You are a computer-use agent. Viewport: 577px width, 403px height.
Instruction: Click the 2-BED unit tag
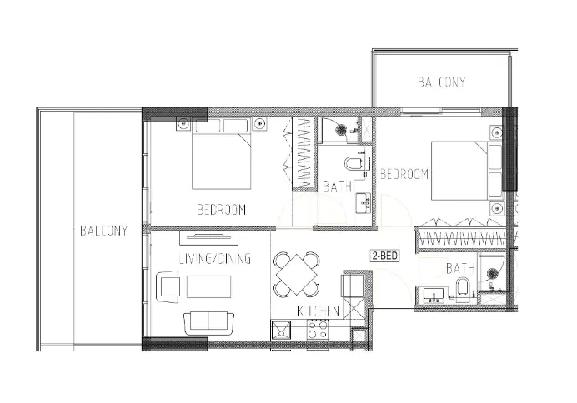coord(384,256)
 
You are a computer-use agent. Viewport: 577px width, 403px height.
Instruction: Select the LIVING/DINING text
coord(214,259)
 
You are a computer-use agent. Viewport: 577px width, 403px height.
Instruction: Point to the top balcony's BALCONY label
coord(441,82)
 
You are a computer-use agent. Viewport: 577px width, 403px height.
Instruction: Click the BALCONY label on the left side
coord(104,231)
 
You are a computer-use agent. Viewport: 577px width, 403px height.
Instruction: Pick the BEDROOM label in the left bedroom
coord(221,210)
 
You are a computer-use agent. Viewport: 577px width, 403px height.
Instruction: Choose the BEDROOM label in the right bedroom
coord(404,175)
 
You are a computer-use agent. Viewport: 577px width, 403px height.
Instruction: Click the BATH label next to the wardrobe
coord(337,186)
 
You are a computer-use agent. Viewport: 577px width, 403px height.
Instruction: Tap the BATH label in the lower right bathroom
coord(459,269)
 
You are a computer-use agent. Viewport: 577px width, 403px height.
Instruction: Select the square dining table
coord(298,273)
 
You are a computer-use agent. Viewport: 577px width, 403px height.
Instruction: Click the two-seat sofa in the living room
coord(209,321)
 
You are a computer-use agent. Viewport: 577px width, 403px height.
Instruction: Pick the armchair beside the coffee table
coord(168,287)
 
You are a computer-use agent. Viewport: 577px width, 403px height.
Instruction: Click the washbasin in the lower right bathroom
coord(434,292)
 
